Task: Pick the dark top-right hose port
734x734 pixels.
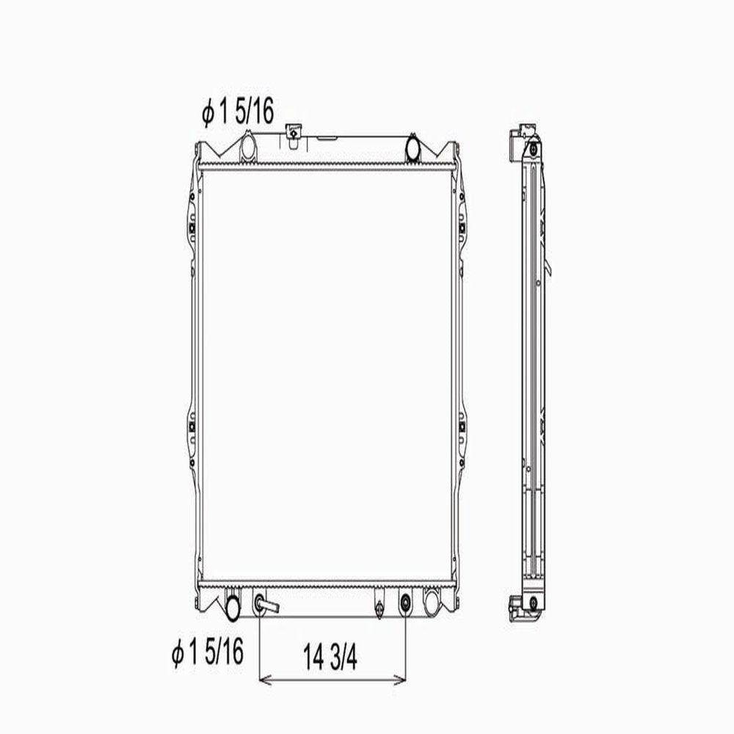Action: coord(412,145)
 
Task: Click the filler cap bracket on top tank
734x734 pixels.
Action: coord(294,132)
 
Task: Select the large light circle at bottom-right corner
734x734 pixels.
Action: coord(432,603)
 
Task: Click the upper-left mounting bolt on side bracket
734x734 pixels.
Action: coord(192,228)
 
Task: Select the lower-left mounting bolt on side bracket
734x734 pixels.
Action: coord(192,425)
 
